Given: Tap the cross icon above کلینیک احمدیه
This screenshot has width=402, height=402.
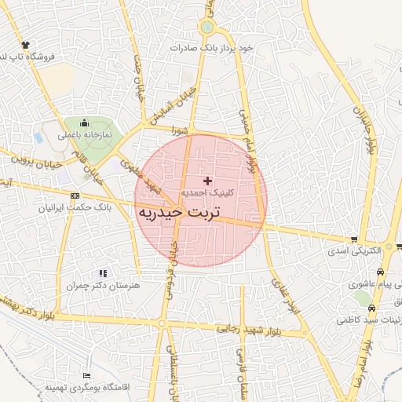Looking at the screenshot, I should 207,181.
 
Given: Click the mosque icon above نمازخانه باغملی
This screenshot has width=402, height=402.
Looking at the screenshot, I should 85,123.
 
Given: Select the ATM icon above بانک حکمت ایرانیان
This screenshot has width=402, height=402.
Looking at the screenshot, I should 75,196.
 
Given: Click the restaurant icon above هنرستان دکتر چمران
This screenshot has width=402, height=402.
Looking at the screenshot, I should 103,273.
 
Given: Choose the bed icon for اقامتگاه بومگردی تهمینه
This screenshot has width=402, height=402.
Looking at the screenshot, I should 86,377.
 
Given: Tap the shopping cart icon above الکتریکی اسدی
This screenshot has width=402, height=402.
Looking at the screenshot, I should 355,239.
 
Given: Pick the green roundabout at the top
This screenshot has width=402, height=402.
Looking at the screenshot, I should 207,27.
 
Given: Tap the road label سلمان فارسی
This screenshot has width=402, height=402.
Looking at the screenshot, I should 240,369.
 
